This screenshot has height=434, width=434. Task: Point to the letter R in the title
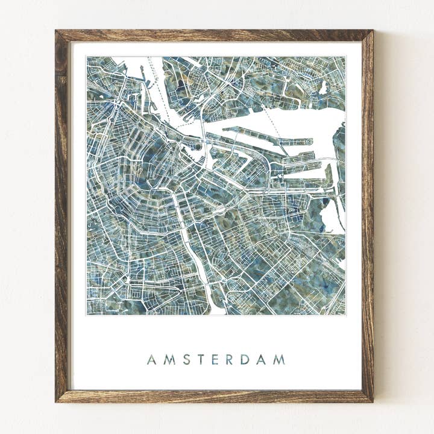click(x=228, y=360)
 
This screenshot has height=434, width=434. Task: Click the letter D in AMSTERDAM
click(x=244, y=360)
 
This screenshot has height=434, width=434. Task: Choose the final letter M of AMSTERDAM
click(x=278, y=360)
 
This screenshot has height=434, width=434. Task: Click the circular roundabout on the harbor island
click(x=309, y=142)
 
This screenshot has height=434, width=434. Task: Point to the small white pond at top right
click(x=324, y=88)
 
